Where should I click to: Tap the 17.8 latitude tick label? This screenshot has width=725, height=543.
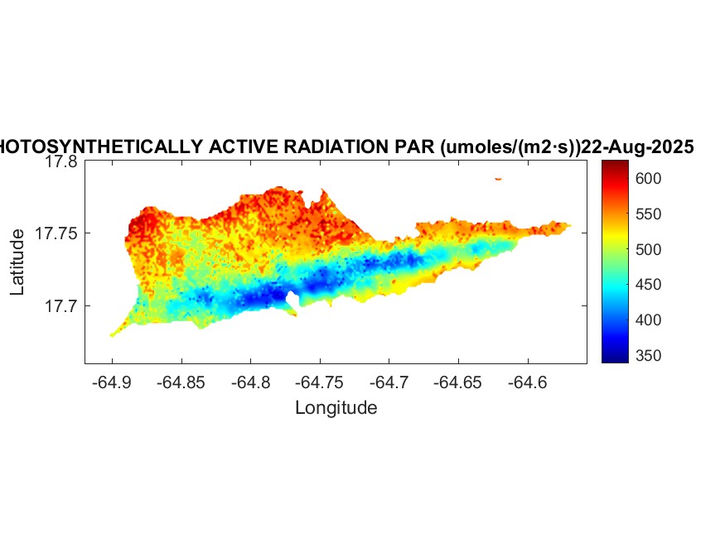click(x=61, y=162)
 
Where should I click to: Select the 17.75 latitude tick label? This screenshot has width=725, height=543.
click(x=57, y=234)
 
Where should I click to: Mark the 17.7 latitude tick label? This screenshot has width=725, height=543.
click(x=61, y=306)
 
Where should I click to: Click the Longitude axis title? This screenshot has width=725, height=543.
click(x=336, y=407)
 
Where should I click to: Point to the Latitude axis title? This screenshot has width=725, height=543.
click(x=18, y=263)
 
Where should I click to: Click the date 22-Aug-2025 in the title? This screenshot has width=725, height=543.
click(x=637, y=147)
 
